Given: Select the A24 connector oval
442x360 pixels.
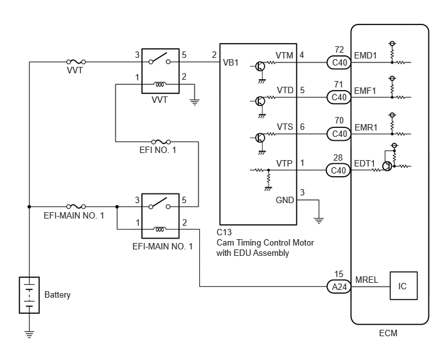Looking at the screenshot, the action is tap(339, 287).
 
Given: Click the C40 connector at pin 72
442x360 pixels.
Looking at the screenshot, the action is tap(339, 62).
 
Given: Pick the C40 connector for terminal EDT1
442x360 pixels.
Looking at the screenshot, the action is tap(339, 170).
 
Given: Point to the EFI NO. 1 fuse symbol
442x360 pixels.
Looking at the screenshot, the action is tap(161, 141).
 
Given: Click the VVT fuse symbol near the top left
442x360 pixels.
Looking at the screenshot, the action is tap(76, 62).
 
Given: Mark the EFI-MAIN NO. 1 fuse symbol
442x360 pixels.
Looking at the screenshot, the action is tap(76, 206).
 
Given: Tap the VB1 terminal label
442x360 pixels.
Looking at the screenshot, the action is tap(231, 62).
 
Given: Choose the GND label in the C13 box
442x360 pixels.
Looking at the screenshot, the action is tap(285, 200).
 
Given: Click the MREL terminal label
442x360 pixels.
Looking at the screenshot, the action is tap(366, 280).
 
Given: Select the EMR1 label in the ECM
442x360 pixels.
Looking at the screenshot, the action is tap(366, 127).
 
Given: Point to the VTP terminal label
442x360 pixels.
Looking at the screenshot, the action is tap(284, 163).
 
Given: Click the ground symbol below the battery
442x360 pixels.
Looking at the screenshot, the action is tap(30, 334).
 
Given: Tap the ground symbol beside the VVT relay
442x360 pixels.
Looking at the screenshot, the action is tap(195, 102).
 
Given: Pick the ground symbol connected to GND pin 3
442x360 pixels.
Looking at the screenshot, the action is tap(319, 221).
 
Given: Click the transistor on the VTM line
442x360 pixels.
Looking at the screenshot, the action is tap(260, 67).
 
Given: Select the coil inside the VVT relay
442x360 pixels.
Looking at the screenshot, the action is tap(160, 84).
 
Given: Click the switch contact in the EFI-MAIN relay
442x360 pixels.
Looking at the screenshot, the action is tap(159, 203).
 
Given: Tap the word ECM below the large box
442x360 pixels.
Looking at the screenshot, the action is tap(388, 333).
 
